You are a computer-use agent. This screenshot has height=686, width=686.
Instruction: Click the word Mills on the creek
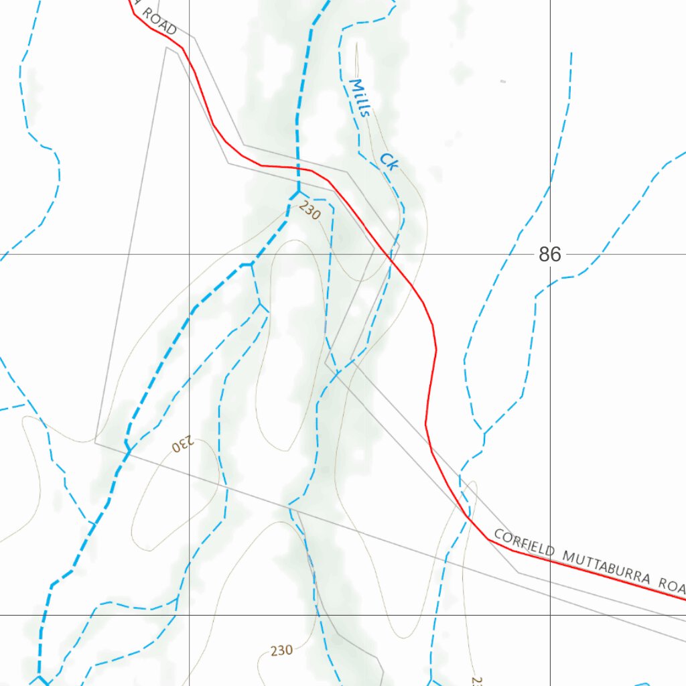(360, 98)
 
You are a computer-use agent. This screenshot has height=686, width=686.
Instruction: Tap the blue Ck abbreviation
(388, 161)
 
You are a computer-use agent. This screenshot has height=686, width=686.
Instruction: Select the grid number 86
(549, 255)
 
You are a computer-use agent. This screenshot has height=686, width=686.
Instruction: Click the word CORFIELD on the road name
(525, 545)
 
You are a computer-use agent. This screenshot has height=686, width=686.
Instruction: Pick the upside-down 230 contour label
(182, 444)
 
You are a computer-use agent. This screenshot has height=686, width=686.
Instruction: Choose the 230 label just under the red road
(310, 211)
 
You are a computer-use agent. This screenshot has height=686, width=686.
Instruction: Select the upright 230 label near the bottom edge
(281, 650)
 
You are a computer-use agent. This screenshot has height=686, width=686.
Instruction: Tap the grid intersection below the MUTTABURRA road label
(550, 614)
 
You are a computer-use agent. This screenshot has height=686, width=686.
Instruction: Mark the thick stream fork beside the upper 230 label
(297, 192)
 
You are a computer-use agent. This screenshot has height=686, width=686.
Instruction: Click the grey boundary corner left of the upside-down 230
(95, 442)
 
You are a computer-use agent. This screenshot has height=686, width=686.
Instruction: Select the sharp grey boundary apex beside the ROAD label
(166, 48)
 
